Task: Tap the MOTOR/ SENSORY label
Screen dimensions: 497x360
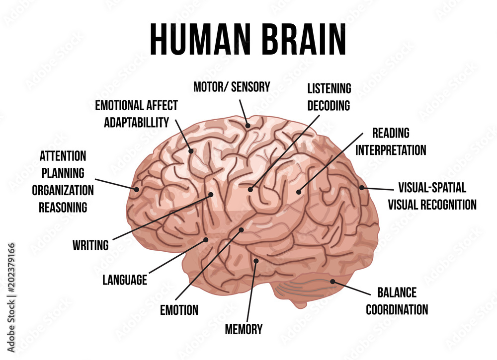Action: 232,87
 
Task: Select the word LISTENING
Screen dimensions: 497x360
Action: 330,88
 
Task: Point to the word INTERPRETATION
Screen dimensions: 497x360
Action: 391,150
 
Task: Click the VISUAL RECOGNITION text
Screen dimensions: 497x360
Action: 432,205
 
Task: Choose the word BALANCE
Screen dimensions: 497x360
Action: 397,292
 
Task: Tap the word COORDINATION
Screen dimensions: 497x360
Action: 397,309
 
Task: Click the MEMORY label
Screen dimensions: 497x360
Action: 244,329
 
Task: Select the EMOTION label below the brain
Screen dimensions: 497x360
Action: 179,310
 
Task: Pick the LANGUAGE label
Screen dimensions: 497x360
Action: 125,280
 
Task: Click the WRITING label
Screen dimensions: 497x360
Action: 90,245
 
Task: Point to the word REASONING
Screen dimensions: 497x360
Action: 63,208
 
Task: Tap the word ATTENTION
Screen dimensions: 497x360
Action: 63,156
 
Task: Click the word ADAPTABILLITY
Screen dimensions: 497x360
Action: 137,122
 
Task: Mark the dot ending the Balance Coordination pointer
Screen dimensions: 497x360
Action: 332,281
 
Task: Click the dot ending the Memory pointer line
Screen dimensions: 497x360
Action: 256,261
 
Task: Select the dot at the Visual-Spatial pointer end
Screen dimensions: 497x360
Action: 362,187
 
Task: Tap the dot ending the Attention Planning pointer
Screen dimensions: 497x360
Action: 137,189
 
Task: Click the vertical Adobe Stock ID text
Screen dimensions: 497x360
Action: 11,297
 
